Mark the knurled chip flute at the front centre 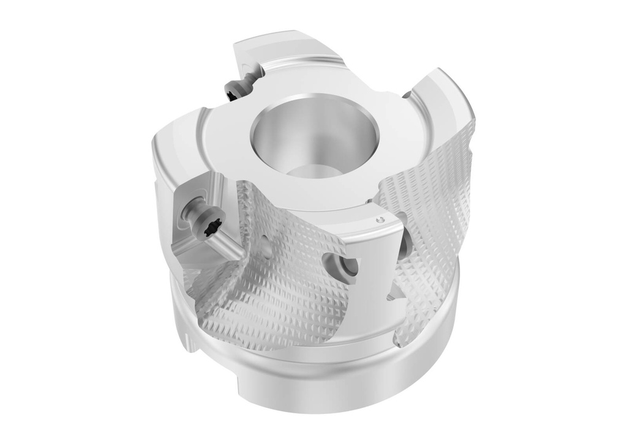tap(276, 287)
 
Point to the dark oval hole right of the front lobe tap(404, 245)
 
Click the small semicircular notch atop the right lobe tap(407, 94)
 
